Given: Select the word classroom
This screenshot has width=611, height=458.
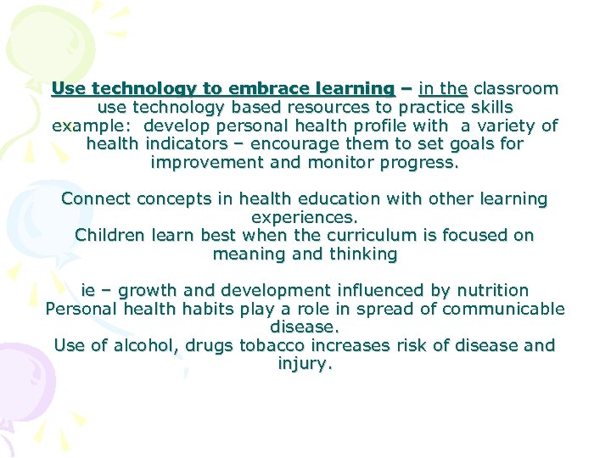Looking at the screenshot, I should tap(516, 88).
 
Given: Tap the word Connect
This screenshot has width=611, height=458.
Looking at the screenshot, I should tap(95, 199).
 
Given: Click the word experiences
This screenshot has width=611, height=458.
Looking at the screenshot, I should tap(305, 217).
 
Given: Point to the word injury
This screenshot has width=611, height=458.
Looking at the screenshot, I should tap(305, 364).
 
